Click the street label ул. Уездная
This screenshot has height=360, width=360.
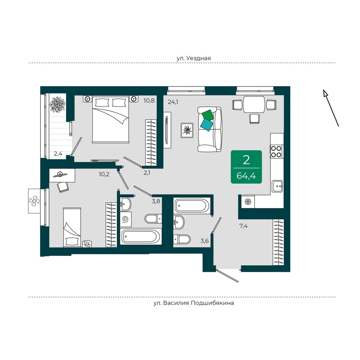click(x=193, y=58)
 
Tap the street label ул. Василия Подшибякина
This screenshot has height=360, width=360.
click(x=193, y=303)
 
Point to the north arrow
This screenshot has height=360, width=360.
click(x=331, y=108)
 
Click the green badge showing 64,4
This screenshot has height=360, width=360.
click(x=246, y=167)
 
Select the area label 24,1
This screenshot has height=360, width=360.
click(x=173, y=102)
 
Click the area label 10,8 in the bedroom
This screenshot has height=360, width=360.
click(x=149, y=100)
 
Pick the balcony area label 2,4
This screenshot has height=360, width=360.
click(x=58, y=154)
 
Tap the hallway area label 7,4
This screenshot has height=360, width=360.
click(x=243, y=226)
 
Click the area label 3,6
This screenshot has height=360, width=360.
click(x=205, y=241)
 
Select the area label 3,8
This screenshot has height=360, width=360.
click(x=156, y=201)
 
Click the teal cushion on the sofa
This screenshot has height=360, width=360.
click(x=207, y=125)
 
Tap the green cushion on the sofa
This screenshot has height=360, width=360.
click(x=208, y=115)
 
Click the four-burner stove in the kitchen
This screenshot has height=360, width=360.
click(x=276, y=151)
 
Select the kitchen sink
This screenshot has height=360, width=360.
click(x=277, y=186)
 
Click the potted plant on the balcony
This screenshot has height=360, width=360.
click(x=57, y=105)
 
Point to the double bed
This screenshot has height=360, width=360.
click(x=111, y=119)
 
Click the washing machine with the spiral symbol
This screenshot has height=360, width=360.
click(x=125, y=220)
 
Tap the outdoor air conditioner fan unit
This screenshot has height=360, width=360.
click(x=34, y=201)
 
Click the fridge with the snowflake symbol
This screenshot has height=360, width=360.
click(x=248, y=202)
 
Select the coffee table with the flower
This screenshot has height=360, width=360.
click(x=187, y=130)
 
